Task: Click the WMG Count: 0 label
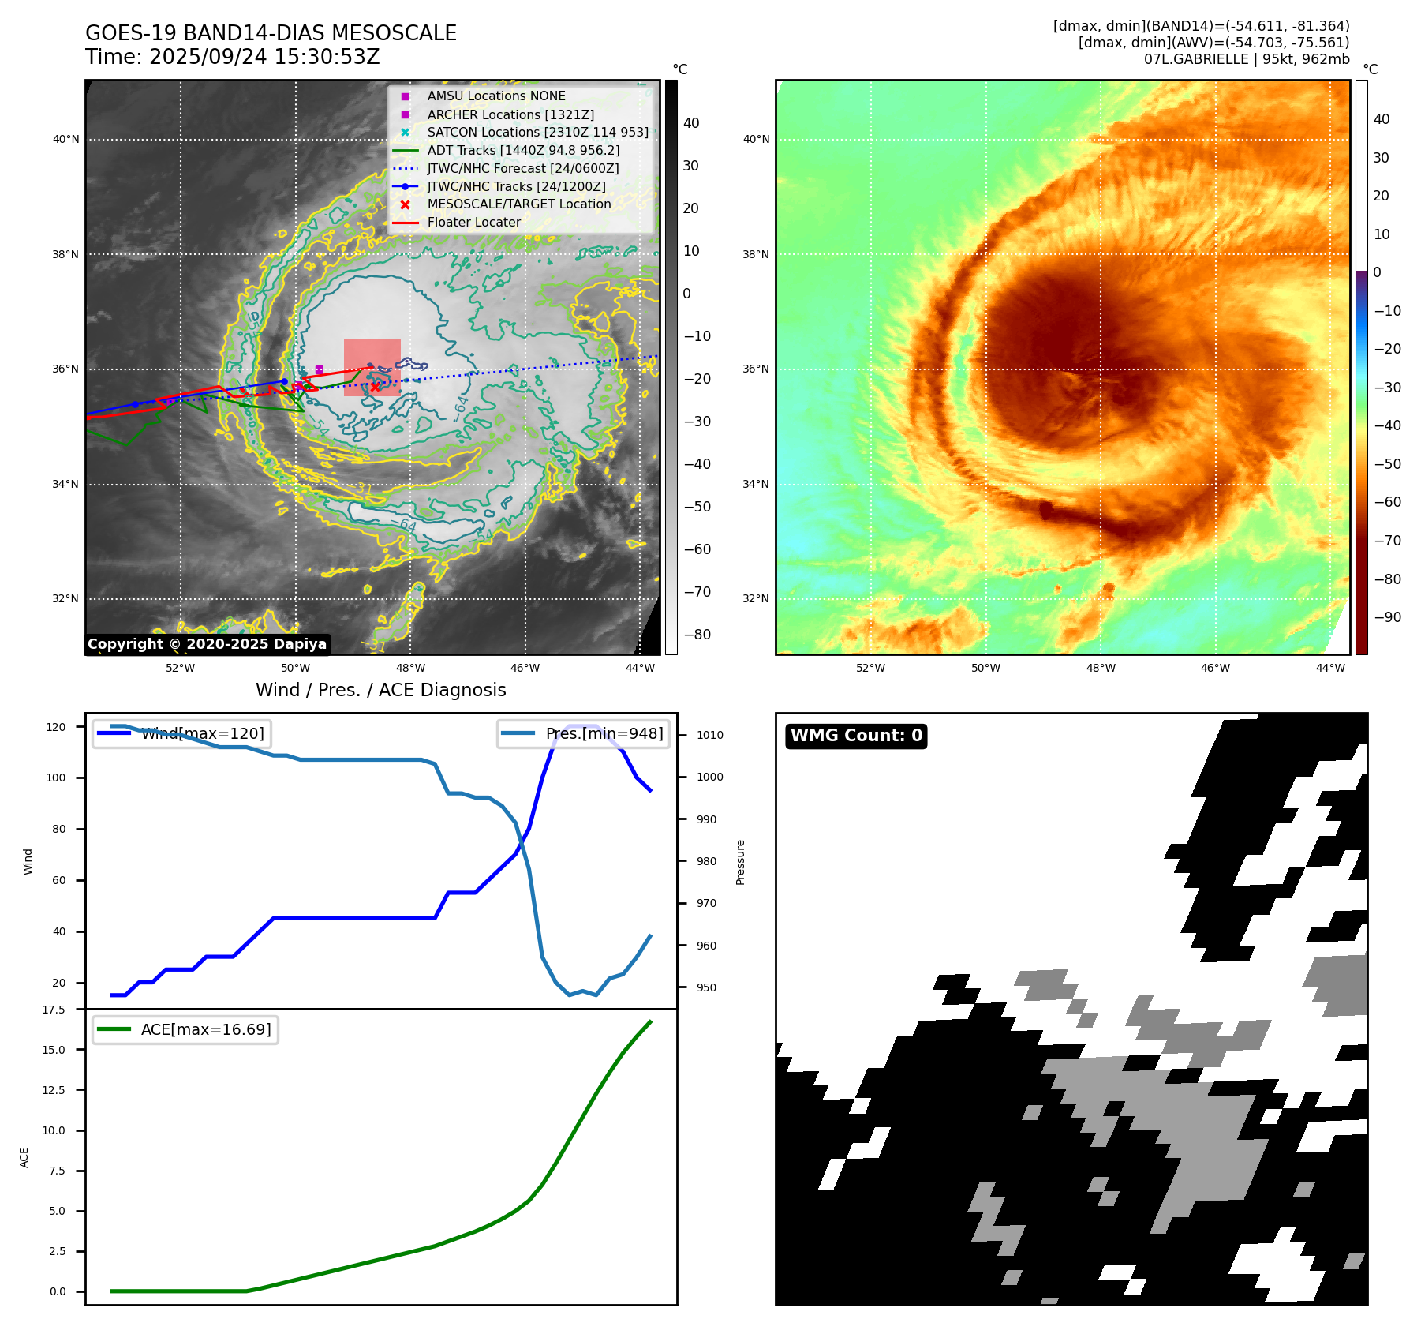[856, 736]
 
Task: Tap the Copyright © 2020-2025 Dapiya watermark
[207, 644]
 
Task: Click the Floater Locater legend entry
[473, 223]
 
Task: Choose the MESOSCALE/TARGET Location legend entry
[518, 204]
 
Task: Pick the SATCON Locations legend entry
[537, 133]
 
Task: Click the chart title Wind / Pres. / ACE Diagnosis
[380, 690]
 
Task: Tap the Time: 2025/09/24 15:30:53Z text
[233, 58]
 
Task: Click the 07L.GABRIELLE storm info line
[1246, 59]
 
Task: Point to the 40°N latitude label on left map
[66, 140]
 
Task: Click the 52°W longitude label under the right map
[870, 668]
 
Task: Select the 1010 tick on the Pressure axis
[709, 735]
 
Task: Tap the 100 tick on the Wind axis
[56, 778]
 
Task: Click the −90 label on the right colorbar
[1387, 617]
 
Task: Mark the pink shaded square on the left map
[372, 367]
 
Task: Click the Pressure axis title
[740, 862]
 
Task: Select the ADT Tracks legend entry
[523, 151]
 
